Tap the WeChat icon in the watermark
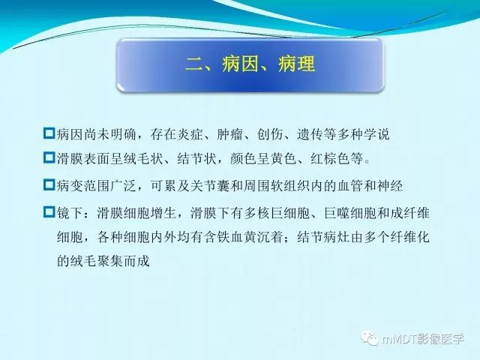tap(370, 339)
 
